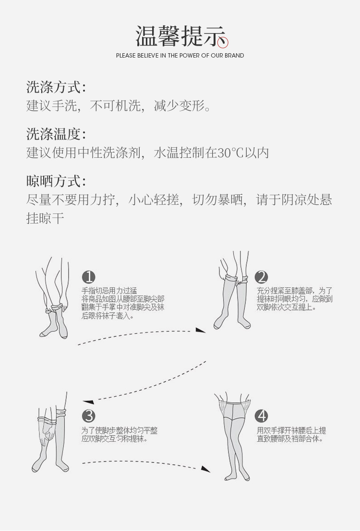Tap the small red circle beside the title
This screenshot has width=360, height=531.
[x=223, y=43]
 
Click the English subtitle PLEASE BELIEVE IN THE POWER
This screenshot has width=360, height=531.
[x=180, y=56]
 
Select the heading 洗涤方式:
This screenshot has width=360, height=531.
[x=56, y=87]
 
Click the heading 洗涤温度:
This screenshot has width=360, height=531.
[x=56, y=134]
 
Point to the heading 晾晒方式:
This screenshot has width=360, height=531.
[x=56, y=181]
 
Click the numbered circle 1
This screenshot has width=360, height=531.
[x=88, y=277]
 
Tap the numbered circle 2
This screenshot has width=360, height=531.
[x=261, y=277]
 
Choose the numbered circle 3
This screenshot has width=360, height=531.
[x=88, y=416]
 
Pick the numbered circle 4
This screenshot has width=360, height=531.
[x=261, y=416]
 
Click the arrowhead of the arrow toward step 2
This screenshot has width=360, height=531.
[x=201, y=330]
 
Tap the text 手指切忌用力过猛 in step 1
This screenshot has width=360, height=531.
[x=109, y=291]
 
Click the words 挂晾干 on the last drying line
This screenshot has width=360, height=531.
[x=45, y=219]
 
